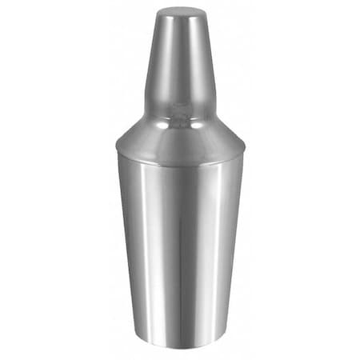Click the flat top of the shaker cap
click(180, 12)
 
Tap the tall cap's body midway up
click(180, 64)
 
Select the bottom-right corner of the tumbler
click(225, 342)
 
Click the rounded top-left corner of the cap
click(158, 14)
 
